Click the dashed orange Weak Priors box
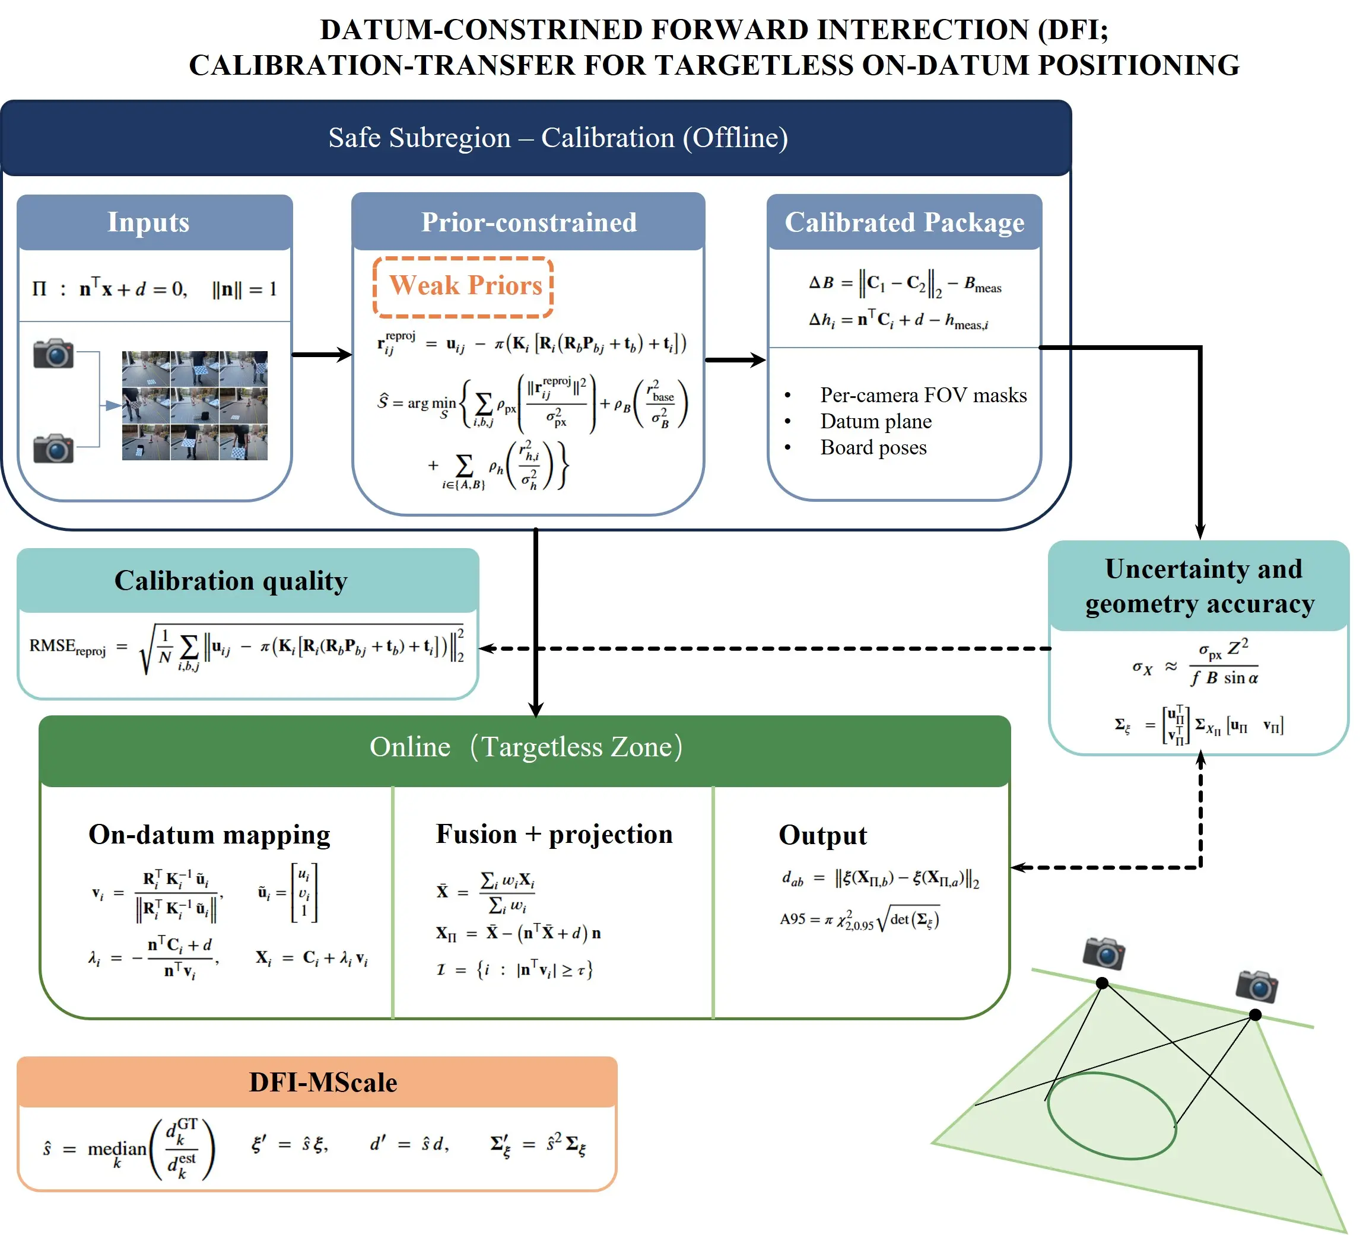[x=464, y=287]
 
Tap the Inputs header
[x=148, y=223]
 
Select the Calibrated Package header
[x=904, y=223]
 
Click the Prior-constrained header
[x=529, y=223]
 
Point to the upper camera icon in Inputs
[x=53, y=353]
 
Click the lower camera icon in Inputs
[x=53, y=448]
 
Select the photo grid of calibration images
[x=195, y=406]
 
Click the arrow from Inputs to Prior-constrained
[x=321, y=354]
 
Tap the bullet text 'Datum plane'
[x=875, y=421]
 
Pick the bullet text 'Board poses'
[x=873, y=448]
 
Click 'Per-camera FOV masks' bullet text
[x=923, y=395]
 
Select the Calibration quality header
[x=230, y=581]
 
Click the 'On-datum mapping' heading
[x=209, y=835]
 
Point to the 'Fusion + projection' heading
[x=554, y=834]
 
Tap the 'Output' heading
[x=822, y=835]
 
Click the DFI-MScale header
[x=323, y=1083]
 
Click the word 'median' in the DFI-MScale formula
[x=116, y=1149]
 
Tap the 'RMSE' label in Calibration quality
[x=53, y=645]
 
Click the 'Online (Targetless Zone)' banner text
[x=526, y=747]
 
